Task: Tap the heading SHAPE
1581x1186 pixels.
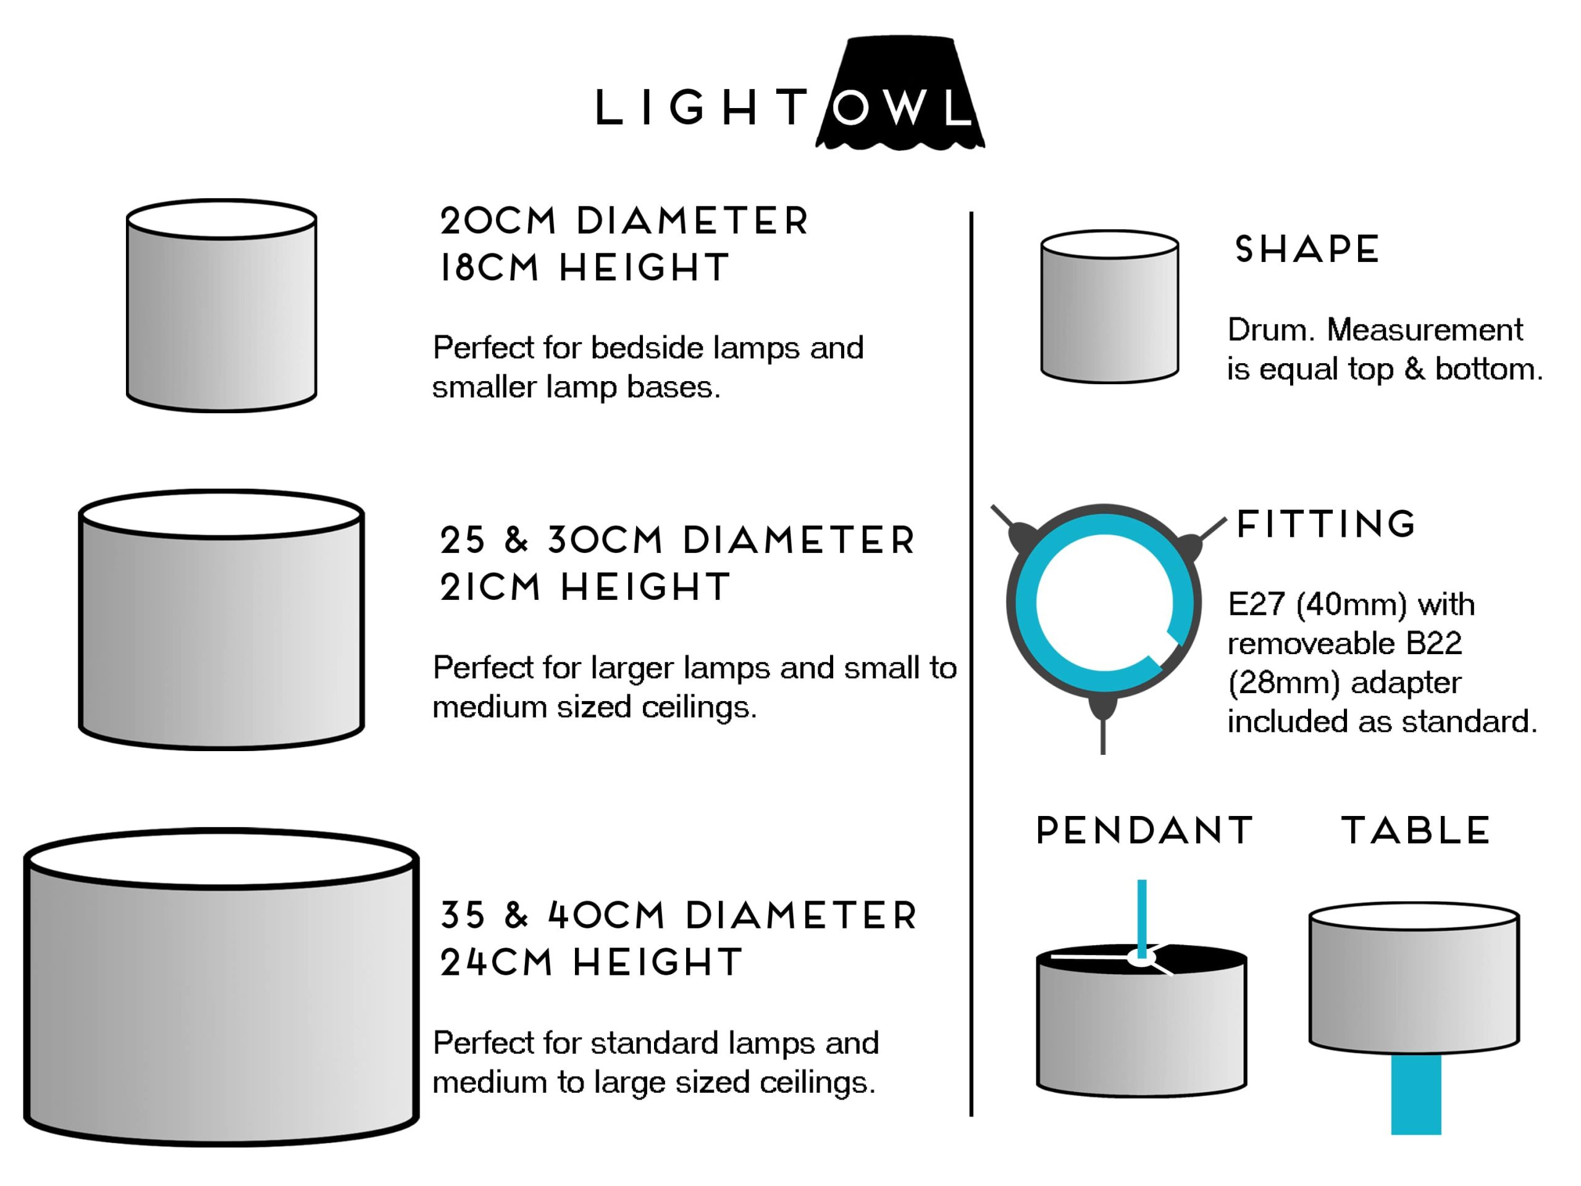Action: pos(1307,250)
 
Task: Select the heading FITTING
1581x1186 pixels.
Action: pos(1326,524)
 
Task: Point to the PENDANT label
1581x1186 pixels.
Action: pos(1144,831)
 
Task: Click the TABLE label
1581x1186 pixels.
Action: pos(1415,831)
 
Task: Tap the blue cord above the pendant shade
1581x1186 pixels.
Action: pos(1142,915)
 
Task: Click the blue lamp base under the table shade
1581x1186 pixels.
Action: pos(1415,1094)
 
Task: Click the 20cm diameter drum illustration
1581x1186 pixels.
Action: pos(222,308)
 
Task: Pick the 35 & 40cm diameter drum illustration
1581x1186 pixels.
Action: pos(222,994)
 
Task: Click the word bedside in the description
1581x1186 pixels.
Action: pos(647,348)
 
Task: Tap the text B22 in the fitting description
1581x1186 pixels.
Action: pos(1432,644)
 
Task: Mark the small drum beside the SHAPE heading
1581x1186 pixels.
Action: pos(1109,308)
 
